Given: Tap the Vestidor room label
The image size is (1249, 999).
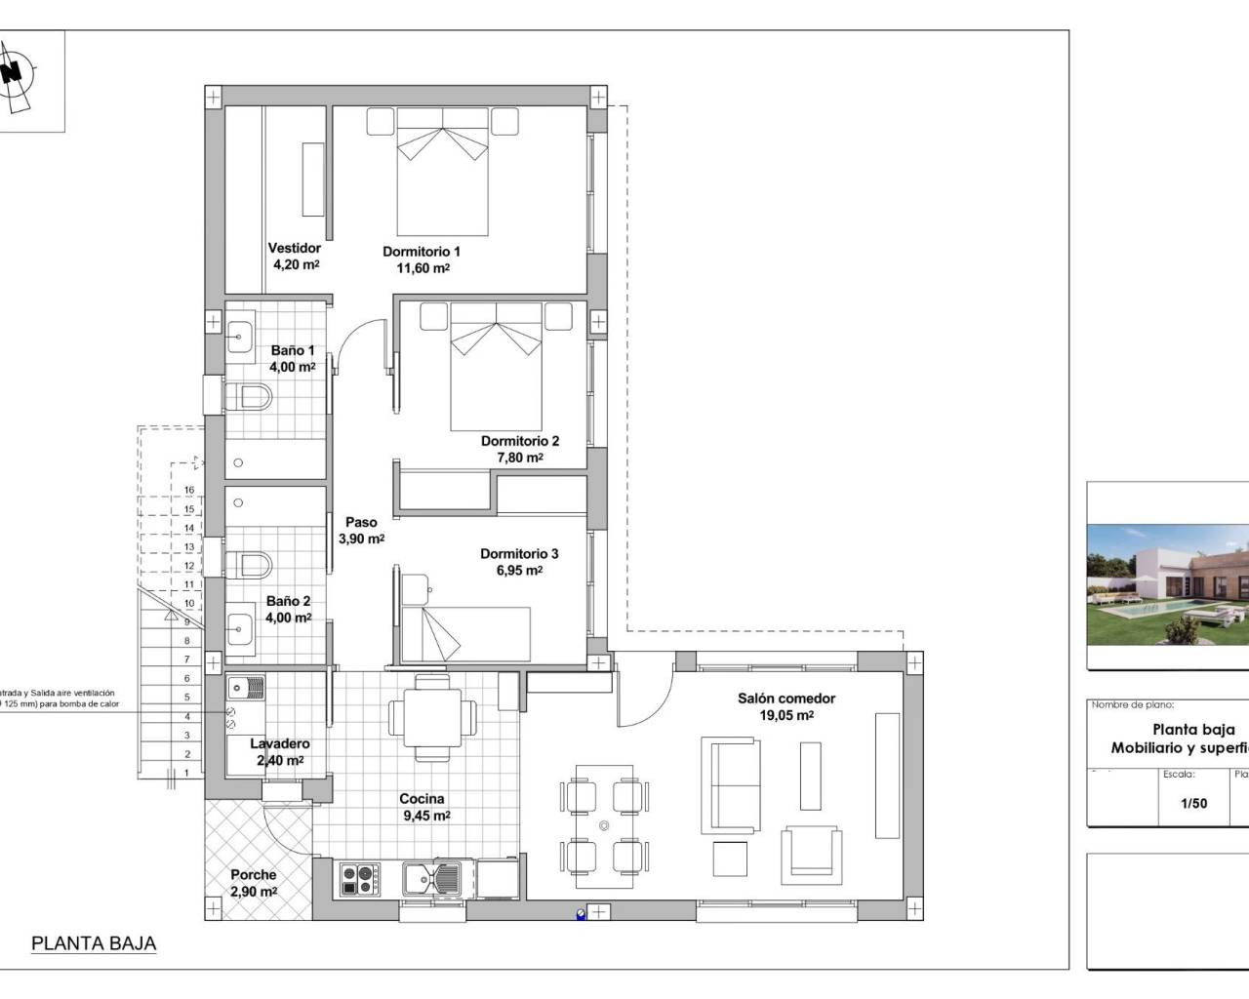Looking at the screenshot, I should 294,248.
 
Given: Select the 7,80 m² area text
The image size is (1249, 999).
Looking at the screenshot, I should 519,458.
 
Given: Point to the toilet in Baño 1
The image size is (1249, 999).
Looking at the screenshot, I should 250,397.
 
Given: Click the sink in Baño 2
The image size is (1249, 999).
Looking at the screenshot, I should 241,624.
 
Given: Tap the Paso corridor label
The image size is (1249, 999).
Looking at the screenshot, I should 361,522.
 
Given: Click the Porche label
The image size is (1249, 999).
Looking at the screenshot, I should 253,875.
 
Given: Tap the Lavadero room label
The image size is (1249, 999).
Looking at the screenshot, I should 279,743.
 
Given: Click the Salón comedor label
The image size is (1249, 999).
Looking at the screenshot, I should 786,699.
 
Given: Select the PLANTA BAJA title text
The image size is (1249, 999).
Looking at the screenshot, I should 94,943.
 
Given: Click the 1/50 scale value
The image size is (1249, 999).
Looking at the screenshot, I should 1193,804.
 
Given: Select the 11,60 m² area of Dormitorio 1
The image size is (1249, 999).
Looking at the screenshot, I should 422,268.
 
